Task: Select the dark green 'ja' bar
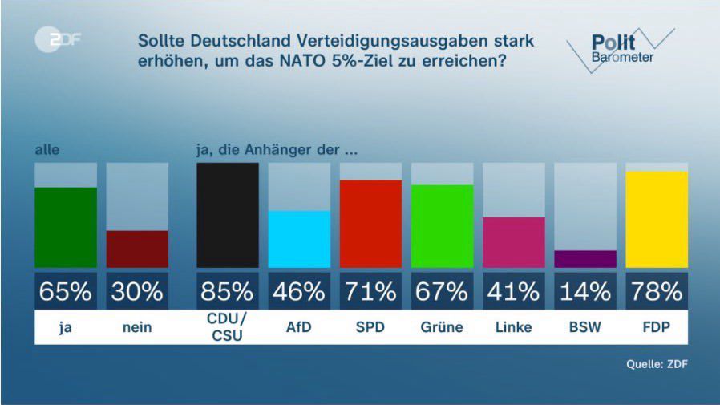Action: pos(66,227)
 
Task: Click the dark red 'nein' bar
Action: pos(137,249)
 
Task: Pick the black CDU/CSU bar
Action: pos(228,215)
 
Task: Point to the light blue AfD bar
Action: pos(299,238)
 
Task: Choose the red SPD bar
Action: pos(370,223)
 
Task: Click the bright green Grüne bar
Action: pos(442,225)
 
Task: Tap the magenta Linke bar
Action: pos(513,241)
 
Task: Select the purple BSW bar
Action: pos(585,258)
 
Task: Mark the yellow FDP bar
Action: pos(657,219)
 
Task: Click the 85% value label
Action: pos(228,291)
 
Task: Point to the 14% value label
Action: pos(585,291)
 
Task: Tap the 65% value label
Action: pos(66,291)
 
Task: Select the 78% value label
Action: pos(657,291)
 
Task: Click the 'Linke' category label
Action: pos(513,328)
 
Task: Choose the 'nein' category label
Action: pos(137,328)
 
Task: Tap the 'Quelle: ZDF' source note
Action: pos(657,364)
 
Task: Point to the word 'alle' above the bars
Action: pos(47,149)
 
